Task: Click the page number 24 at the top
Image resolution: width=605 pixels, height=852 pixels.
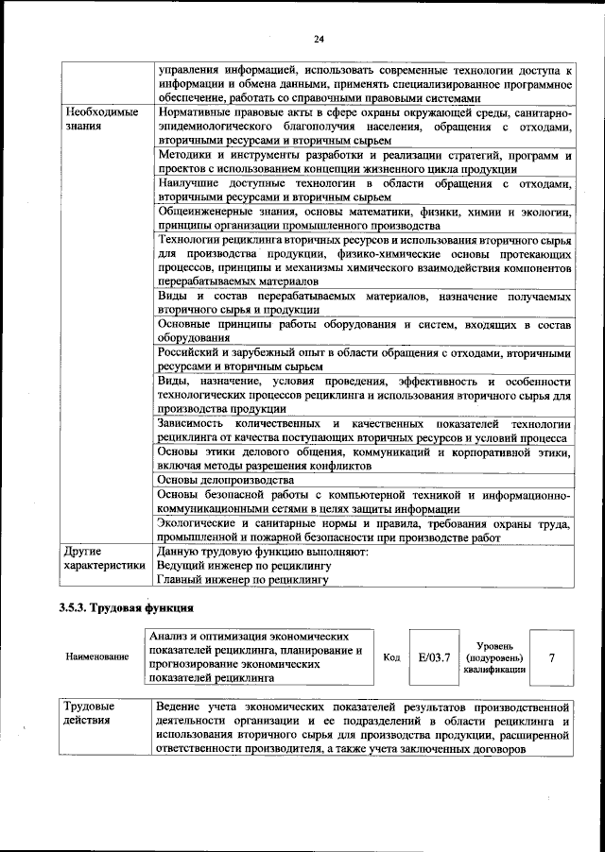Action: point(318,38)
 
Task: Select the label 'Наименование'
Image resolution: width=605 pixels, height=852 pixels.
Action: point(98,656)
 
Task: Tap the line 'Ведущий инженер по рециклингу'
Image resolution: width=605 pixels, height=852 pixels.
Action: point(243,566)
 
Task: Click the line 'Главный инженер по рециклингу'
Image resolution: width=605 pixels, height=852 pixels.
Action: point(243,580)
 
